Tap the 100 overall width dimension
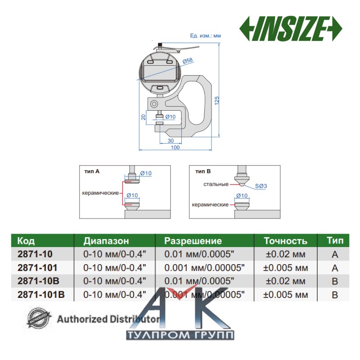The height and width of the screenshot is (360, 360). click(175, 148)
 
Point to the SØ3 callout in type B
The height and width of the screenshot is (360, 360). click(261, 185)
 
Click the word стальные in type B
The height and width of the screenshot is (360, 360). click(216, 184)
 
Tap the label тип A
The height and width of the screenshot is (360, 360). click(92, 171)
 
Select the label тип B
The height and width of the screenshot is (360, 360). click(203, 171)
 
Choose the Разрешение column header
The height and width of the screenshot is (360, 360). click(193, 241)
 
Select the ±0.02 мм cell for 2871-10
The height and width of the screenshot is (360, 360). click(285, 255)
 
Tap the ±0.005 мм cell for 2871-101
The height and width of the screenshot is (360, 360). click(285, 268)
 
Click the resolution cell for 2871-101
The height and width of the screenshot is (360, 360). click(204, 268)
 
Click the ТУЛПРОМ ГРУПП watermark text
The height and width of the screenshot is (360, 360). click(180, 336)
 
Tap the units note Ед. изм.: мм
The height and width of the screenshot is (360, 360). click(206, 35)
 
